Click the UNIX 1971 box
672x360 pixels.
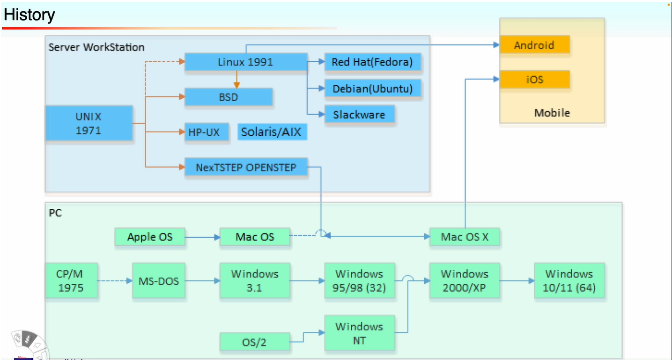pyautogui.click(x=89, y=123)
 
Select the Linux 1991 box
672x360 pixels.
pyautogui.click(x=245, y=62)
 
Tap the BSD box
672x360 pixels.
pyautogui.click(x=229, y=97)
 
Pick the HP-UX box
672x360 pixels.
pyautogui.click(x=206, y=132)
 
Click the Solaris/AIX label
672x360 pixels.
pyautogui.click(x=272, y=132)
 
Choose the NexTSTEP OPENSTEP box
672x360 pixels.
pyautogui.click(x=246, y=167)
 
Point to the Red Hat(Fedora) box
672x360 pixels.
pyautogui.click(x=372, y=62)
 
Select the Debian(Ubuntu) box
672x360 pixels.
pyautogui.click(x=372, y=88)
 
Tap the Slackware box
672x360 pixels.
pyautogui.click(x=359, y=115)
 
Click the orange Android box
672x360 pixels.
pyautogui.click(x=534, y=45)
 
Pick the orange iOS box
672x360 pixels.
pyautogui.click(x=534, y=80)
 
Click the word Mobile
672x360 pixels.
pyautogui.click(x=552, y=113)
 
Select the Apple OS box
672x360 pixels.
pyautogui.click(x=150, y=237)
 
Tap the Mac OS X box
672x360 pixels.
pyautogui.click(x=465, y=237)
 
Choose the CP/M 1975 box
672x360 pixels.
pyautogui.click(x=71, y=280)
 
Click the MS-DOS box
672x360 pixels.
pyautogui.click(x=158, y=281)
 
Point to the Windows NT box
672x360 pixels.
pyautogui.click(x=359, y=333)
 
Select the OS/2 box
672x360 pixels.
pyautogui.click(x=254, y=342)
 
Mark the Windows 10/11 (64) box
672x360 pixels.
pyautogui.click(x=569, y=280)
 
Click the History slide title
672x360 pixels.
pyautogui.click(x=29, y=15)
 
